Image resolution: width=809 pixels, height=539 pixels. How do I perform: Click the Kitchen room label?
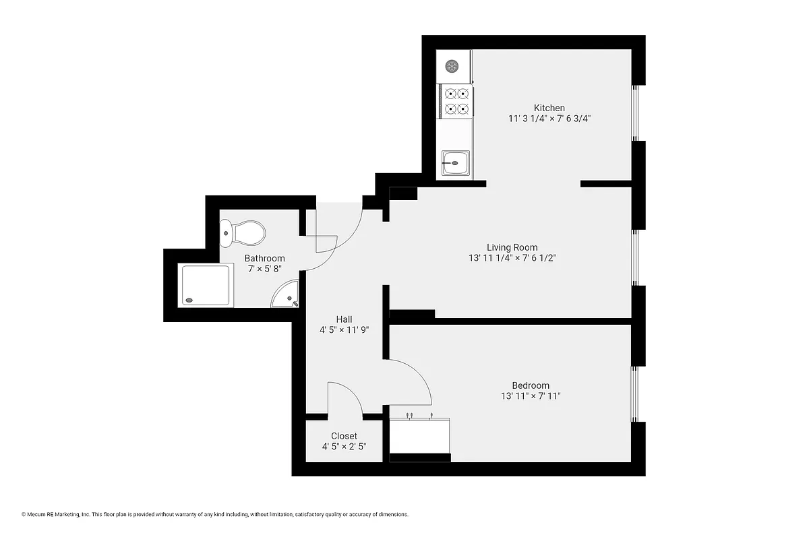point(549,108)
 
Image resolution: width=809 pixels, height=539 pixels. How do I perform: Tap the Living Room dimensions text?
point(512,258)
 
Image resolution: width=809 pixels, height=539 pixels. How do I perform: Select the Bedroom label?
point(530,385)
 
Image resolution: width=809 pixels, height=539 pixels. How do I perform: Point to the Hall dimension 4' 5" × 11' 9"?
point(344,330)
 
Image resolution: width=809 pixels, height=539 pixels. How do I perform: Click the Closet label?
point(344,436)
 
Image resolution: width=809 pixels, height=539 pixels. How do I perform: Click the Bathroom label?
point(264,258)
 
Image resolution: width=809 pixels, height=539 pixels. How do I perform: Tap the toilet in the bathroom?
point(244,234)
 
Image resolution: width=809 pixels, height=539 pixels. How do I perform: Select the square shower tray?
point(206,285)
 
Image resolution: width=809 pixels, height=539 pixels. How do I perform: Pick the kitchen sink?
point(455,163)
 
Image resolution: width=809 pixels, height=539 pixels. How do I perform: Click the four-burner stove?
point(456,101)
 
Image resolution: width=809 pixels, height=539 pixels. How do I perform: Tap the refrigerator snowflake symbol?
point(452,66)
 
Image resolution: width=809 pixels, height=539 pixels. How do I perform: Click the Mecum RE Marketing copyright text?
point(216,514)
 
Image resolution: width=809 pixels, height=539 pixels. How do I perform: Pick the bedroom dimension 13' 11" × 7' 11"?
point(531,396)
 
